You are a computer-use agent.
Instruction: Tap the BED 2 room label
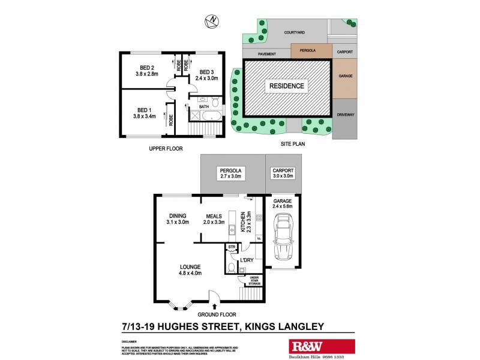click(x=148, y=67)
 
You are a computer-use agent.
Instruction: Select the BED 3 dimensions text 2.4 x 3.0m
click(x=207, y=77)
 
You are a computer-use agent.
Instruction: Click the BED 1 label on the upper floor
click(x=143, y=110)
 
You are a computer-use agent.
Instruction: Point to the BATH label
click(x=204, y=107)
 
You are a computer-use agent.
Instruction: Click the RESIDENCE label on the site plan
click(x=286, y=86)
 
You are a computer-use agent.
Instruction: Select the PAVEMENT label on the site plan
click(x=266, y=54)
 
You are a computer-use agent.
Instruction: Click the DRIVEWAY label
click(x=346, y=113)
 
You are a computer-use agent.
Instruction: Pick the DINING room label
click(x=177, y=216)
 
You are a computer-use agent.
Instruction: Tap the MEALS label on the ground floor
click(x=214, y=216)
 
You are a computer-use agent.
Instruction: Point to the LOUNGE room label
click(x=189, y=266)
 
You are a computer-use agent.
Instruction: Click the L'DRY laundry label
click(x=247, y=260)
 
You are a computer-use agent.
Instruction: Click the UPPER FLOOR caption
click(x=166, y=148)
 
